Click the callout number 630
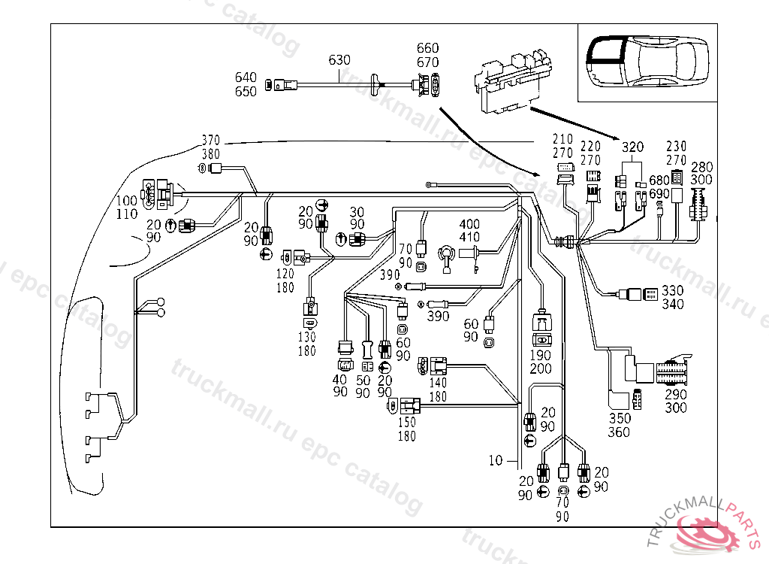click(339, 60)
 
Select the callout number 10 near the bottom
click(495, 461)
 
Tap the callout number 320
click(633, 147)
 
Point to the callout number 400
click(469, 225)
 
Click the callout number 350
click(620, 418)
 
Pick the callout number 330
click(673, 290)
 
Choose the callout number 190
click(541, 355)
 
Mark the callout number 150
click(407, 423)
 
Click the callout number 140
click(438, 383)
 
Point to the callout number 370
click(213, 141)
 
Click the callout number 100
click(127, 202)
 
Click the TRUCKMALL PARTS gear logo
click(706, 532)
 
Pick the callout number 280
click(701, 167)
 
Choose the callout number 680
click(659, 180)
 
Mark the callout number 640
click(246, 77)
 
